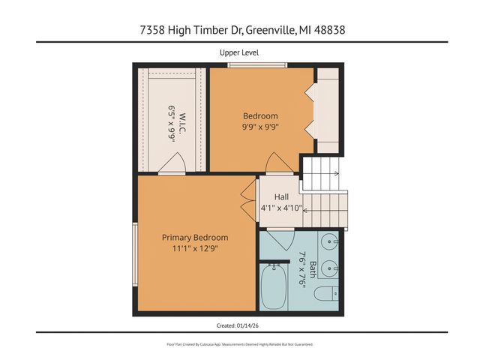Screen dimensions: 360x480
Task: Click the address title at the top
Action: (239, 30)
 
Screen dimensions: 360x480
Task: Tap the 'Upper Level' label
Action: (239, 52)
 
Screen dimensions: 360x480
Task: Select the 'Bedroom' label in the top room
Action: (260, 115)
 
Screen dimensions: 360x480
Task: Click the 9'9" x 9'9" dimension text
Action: (260, 127)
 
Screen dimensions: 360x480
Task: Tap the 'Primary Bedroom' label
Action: (195, 237)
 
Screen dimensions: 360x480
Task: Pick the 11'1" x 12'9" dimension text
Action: (195, 248)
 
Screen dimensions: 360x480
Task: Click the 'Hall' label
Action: (281, 196)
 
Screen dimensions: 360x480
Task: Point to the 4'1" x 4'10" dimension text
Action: (281, 208)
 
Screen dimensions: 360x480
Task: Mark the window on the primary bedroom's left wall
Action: (135, 255)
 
